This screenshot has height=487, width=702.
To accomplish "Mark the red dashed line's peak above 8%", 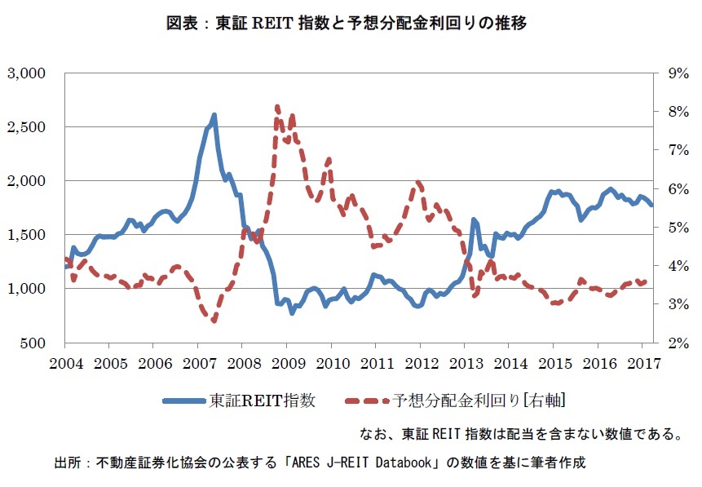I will (277, 107).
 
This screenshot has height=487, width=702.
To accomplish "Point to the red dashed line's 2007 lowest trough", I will (214, 321).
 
